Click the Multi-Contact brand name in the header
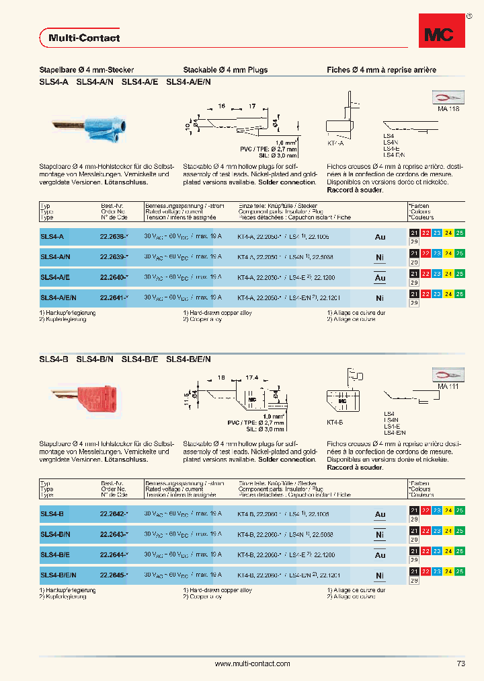[84, 38]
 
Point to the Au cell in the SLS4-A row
[380, 237]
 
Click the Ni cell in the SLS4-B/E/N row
[380, 575]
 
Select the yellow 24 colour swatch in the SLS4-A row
[448, 234]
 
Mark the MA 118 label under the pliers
[448, 108]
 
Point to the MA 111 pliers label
[448, 388]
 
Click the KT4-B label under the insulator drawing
[335, 422]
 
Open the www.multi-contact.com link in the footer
[252, 664]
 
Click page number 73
[460, 664]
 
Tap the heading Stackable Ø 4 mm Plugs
[225, 70]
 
